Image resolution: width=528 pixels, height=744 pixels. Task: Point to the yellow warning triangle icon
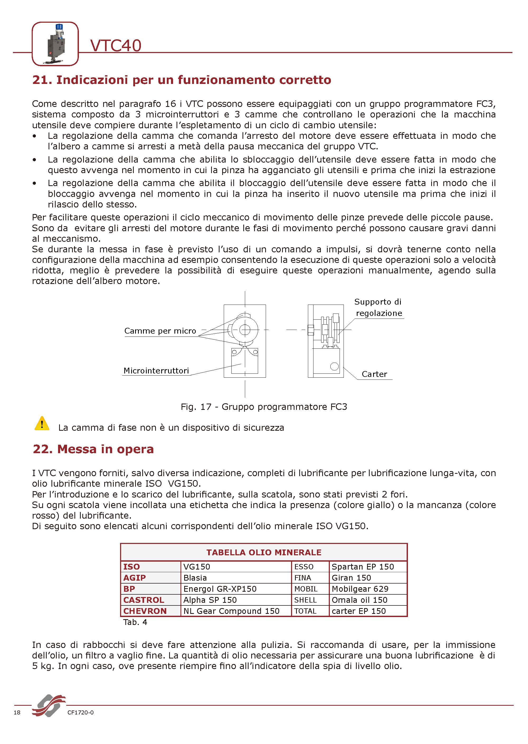(42, 424)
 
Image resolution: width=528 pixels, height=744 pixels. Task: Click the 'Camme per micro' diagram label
(160, 331)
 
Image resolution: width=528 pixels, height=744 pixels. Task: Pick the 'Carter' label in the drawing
(374, 374)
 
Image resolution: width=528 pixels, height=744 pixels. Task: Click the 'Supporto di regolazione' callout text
(378, 307)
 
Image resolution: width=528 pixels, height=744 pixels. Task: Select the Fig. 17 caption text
(264, 407)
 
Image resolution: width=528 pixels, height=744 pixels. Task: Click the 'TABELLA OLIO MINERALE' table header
(264, 552)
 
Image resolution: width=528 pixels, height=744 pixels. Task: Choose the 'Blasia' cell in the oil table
(195, 578)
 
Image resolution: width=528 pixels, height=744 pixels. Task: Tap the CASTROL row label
(144, 600)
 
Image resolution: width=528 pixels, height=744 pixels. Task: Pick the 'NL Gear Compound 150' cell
(231, 611)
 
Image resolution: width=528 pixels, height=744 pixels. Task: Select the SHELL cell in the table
(305, 600)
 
